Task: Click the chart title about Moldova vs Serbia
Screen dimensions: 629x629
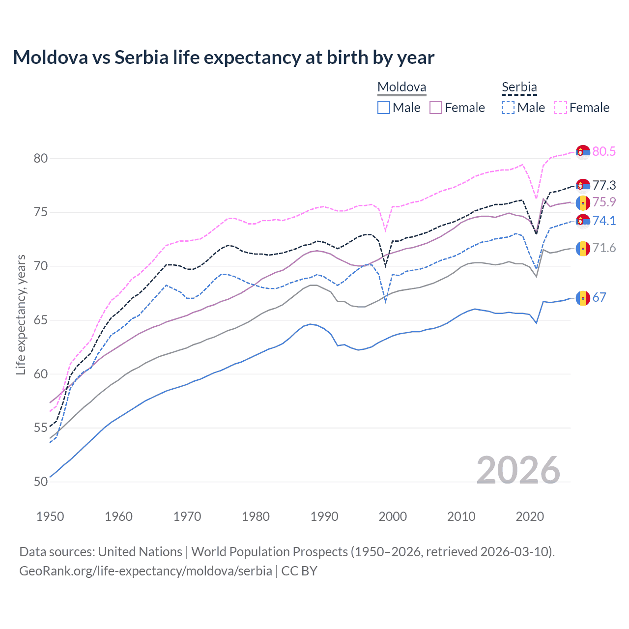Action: click(x=224, y=57)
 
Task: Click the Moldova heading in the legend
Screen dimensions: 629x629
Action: click(x=401, y=87)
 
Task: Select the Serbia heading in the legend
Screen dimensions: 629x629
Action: click(x=519, y=87)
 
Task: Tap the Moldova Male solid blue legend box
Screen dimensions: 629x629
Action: click(x=384, y=108)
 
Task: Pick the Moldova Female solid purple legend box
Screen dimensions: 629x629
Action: click(x=436, y=108)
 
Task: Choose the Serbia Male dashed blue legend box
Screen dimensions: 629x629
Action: click(x=508, y=108)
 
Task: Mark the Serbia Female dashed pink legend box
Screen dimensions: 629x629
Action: click(x=561, y=108)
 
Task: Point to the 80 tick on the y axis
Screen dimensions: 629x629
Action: click(x=41, y=158)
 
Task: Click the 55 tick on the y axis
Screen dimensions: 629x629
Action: click(x=41, y=428)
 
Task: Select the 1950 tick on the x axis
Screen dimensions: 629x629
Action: click(x=50, y=516)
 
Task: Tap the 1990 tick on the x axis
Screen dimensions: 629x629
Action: click(x=324, y=516)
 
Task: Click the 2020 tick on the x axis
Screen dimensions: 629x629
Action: click(x=530, y=516)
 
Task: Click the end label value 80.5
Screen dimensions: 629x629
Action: click(x=604, y=151)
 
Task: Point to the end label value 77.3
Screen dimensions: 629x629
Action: click(x=604, y=185)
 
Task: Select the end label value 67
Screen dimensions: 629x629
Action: click(x=599, y=297)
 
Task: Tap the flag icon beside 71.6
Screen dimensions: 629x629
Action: click(x=583, y=248)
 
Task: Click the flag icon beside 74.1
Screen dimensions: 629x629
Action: click(x=583, y=221)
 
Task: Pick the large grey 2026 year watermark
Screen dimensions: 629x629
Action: click(x=518, y=470)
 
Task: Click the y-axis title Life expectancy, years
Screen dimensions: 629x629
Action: click(x=21, y=314)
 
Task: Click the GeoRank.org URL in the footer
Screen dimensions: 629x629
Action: click(x=145, y=571)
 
